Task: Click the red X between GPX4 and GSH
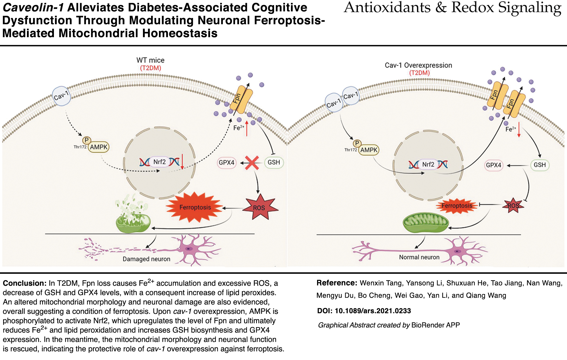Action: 252,163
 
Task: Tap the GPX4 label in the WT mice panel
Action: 226,163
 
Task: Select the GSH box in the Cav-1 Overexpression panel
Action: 539,165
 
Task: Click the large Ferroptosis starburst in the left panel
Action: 195,207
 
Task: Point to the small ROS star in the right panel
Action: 513,206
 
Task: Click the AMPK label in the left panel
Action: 99,147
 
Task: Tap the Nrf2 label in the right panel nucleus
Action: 428,164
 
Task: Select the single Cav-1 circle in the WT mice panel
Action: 61,96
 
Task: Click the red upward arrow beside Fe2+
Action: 247,128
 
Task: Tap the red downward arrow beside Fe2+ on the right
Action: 519,130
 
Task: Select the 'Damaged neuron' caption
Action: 146,259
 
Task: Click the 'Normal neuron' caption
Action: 419,257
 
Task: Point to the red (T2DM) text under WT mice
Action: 151,68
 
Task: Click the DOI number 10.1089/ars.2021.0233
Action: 373,311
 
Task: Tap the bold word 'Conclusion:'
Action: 24,283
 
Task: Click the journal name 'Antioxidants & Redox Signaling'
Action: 452,8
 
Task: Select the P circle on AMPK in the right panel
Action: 357,144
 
